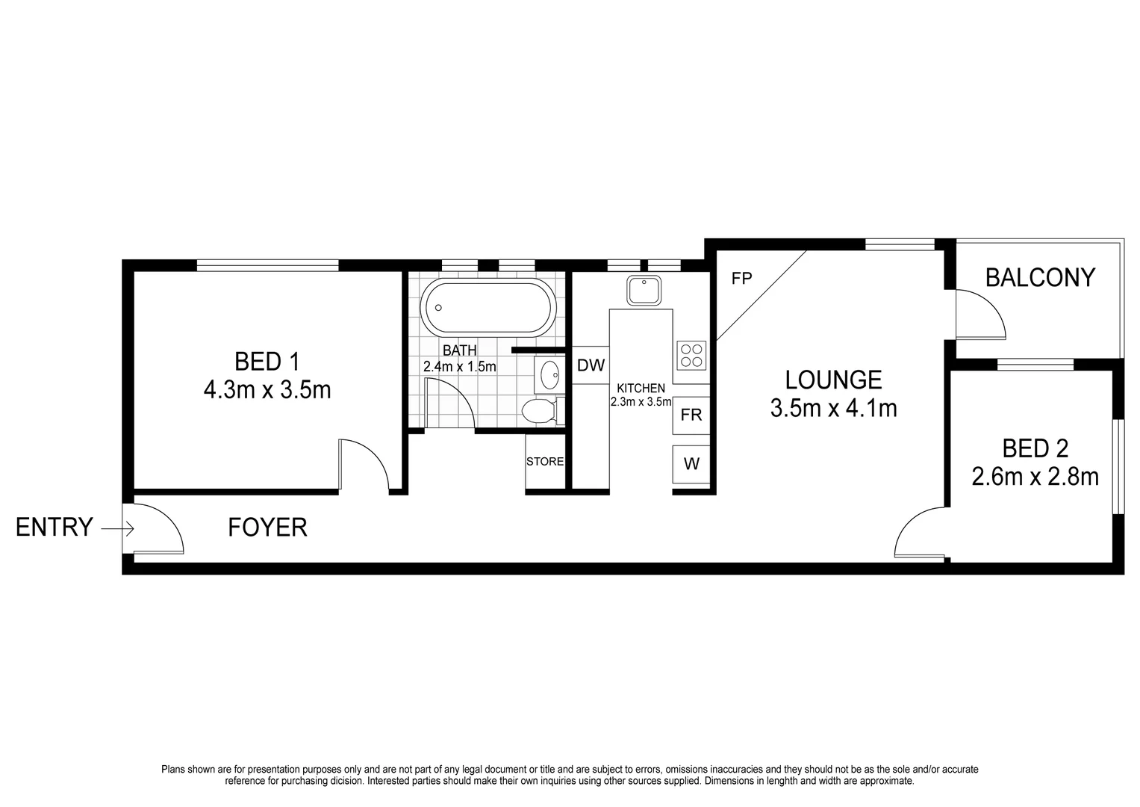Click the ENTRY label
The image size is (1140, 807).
54,528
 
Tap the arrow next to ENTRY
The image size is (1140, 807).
118,528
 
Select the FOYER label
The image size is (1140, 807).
267,528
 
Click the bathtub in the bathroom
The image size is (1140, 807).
488,307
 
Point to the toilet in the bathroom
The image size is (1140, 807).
541,410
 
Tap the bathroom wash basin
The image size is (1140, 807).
549,374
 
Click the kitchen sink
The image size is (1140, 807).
644,290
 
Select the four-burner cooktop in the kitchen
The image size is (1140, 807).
691,354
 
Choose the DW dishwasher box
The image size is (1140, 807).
591,365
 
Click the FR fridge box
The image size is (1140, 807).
691,415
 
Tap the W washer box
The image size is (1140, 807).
691,463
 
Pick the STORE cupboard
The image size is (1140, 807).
545,462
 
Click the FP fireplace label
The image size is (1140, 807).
741,279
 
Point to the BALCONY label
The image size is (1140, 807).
1040,278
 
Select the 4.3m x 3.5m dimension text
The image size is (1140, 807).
267,389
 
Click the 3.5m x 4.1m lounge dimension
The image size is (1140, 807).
833,408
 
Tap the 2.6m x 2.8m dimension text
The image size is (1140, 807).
1035,476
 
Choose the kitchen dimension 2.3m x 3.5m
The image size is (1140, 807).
641,401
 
